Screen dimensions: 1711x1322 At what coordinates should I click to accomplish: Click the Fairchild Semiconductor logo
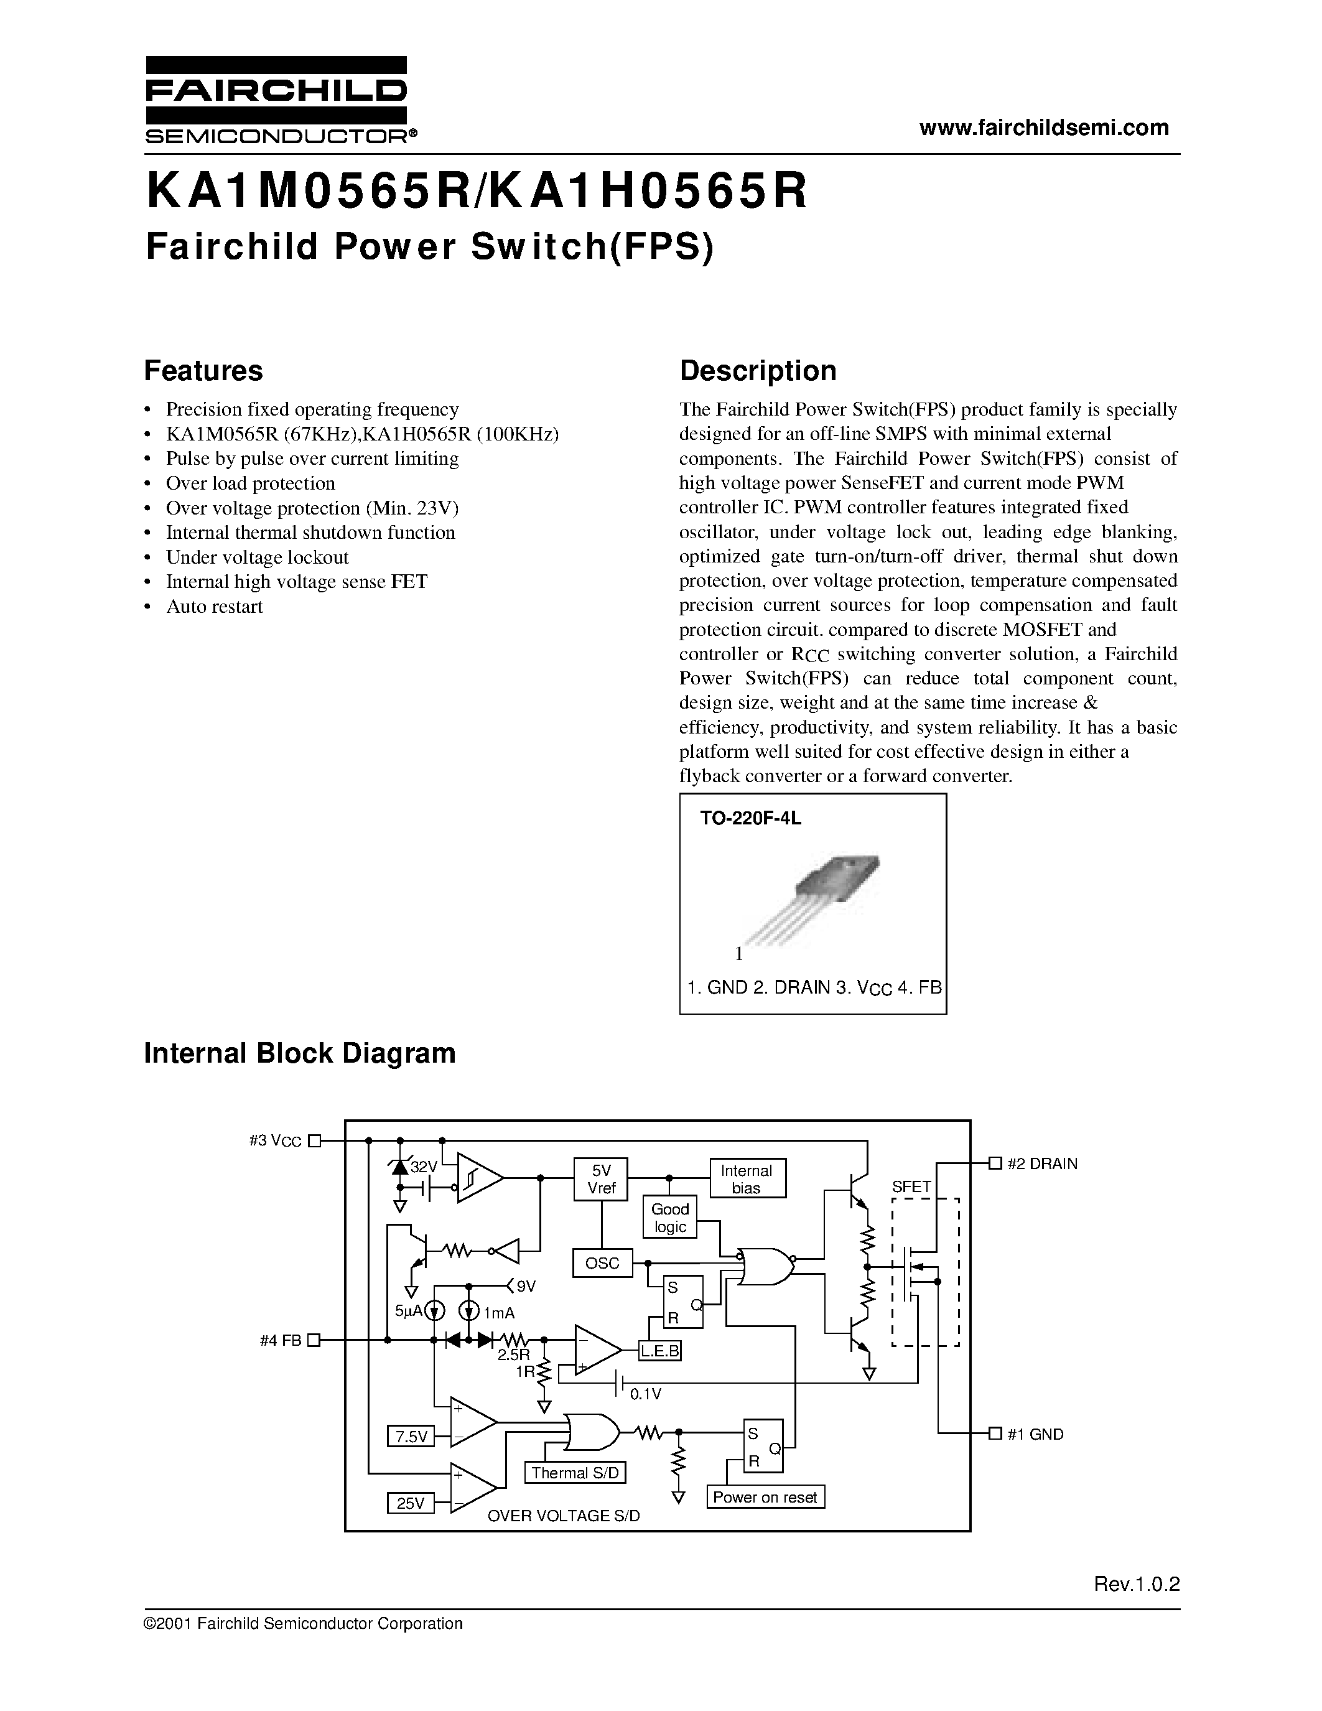click(x=276, y=100)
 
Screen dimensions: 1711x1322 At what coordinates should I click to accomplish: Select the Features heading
click(x=203, y=371)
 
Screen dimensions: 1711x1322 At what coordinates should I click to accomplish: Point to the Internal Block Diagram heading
click(x=299, y=1053)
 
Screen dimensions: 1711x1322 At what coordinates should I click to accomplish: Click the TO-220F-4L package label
click(x=750, y=819)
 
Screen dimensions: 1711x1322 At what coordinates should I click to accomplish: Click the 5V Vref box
click(x=601, y=1179)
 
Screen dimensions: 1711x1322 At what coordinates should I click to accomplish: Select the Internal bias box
click(x=747, y=1179)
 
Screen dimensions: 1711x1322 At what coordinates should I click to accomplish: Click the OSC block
click(x=602, y=1263)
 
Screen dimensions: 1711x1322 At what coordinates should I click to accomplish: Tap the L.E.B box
click(x=659, y=1351)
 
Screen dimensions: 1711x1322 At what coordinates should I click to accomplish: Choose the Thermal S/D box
click(x=575, y=1473)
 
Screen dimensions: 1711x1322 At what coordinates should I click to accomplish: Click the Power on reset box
click(x=765, y=1497)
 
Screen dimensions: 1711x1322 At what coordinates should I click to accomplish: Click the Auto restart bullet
click(x=214, y=607)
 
